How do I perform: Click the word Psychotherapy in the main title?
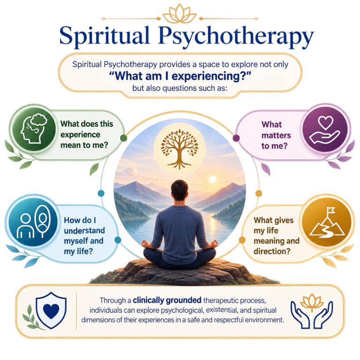coord(236,37)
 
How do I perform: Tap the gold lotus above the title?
coord(180,14)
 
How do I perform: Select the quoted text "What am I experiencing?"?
coord(180,76)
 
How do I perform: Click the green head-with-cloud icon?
coord(34,129)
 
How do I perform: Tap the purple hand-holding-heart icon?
coord(324,130)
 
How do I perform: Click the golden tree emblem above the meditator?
coord(180,149)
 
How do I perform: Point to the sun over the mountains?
coord(212,180)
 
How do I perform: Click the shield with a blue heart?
coord(51,310)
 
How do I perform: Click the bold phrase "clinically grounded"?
coord(167,300)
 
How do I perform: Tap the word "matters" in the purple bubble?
coord(276,135)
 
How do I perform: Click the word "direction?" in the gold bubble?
coord(272,251)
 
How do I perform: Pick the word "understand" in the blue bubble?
coord(84,230)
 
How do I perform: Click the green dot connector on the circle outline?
coord(124,138)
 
